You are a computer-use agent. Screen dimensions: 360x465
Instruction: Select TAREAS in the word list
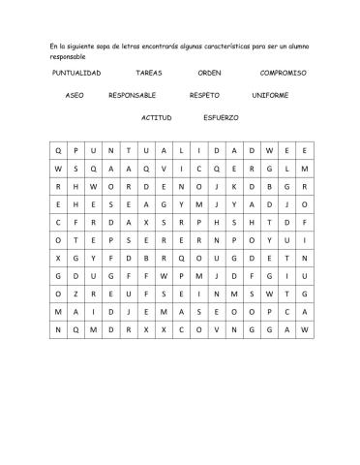click(149, 73)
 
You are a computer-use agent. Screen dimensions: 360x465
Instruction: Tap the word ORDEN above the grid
click(209, 73)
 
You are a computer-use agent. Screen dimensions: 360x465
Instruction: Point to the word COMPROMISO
click(283, 73)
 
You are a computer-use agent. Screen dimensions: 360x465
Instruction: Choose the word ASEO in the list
click(75, 96)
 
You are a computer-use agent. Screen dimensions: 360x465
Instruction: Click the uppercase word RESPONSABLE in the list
click(133, 96)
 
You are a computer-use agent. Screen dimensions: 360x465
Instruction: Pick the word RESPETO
click(204, 96)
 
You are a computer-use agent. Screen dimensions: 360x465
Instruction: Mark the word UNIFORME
click(270, 96)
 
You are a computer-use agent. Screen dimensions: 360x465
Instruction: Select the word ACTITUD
click(156, 117)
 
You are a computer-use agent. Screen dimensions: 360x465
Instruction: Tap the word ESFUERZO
click(222, 117)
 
